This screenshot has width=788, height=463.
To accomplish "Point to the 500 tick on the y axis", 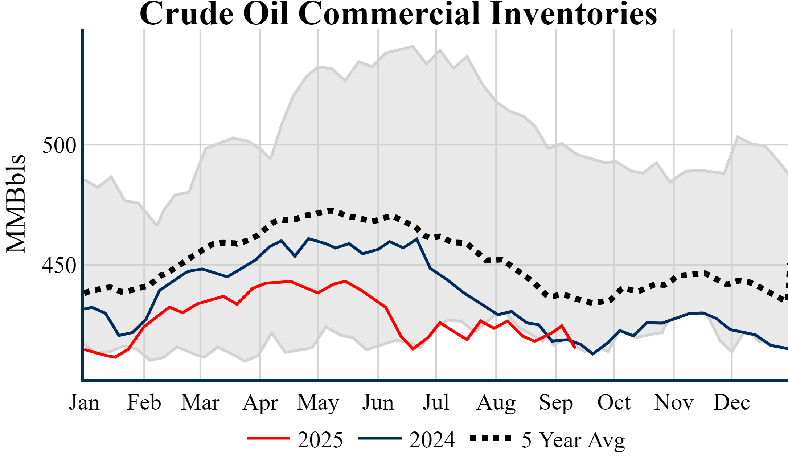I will coord(59,146).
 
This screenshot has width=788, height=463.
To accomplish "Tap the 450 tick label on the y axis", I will coord(59,266).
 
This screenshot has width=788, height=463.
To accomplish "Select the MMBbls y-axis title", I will coord(16,204).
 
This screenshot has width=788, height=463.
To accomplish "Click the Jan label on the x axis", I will coord(84,402).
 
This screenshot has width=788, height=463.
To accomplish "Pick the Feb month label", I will coord(144,402).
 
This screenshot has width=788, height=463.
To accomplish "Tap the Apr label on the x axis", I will coord(260,402).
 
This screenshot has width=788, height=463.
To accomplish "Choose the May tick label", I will coord(318,402).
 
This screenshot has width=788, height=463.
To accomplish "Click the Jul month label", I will coord(436,402).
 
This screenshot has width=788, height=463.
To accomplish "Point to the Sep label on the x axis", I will coord(556,402).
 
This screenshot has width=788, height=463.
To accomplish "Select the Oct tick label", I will coord(614,402).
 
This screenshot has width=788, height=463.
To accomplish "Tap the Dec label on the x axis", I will coord(732,402).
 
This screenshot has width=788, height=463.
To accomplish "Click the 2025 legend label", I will coord(320,440).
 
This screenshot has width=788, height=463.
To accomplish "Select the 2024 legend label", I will coord(432,440).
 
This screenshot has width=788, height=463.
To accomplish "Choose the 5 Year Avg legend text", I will coord(573,440).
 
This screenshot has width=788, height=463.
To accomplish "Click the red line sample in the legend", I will coord(268,438).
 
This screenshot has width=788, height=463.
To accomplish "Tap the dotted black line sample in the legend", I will coord(491,438).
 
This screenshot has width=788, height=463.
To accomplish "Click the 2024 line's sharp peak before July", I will coord(417,239).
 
